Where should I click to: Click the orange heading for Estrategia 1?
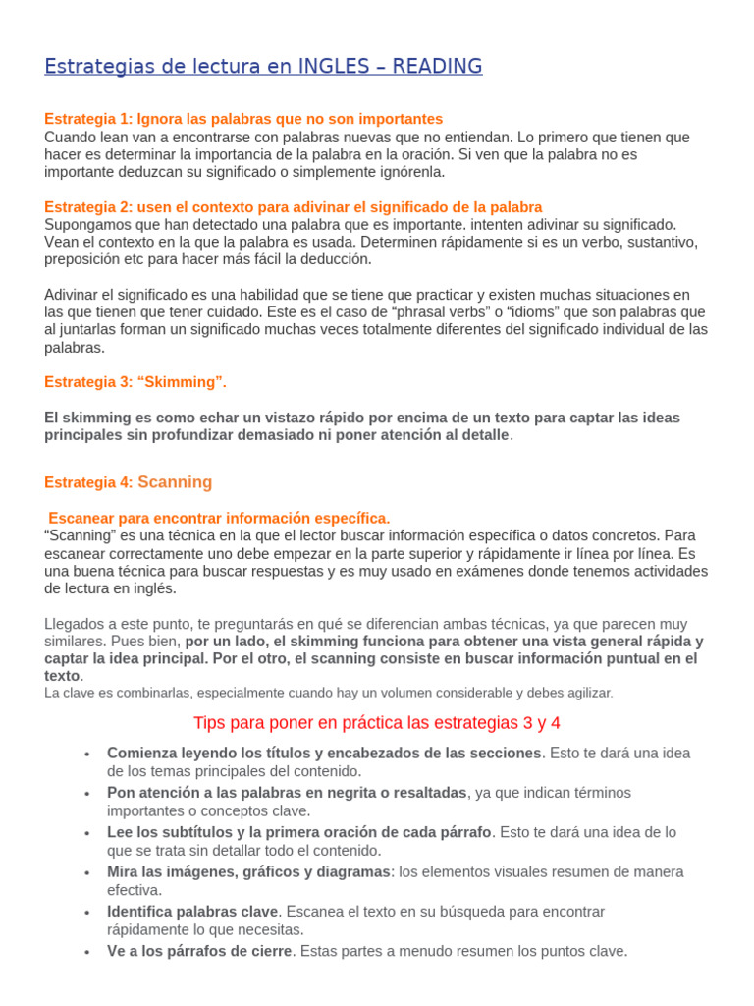point(243,119)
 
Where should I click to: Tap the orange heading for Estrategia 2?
point(293,207)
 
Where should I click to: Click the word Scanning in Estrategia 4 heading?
point(175,482)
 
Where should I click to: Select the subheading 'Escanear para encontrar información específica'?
point(219,518)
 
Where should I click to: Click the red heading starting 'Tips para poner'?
point(377,723)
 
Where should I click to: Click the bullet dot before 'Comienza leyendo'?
point(87,754)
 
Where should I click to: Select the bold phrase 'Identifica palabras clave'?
point(192,912)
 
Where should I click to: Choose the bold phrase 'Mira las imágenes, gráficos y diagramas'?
point(247,871)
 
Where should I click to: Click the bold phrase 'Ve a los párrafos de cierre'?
point(199,951)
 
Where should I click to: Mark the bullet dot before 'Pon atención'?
point(87,793)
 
